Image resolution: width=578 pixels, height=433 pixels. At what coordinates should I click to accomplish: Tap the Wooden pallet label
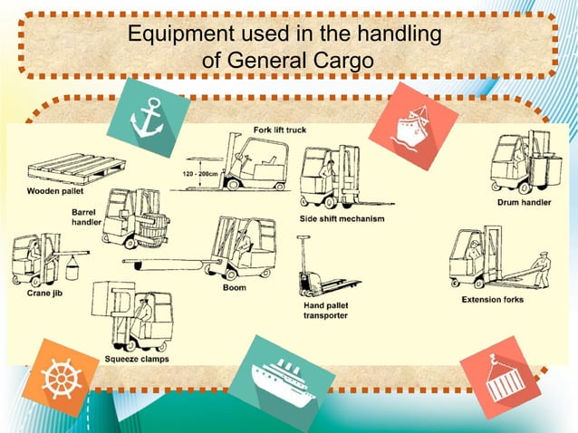point(52,191)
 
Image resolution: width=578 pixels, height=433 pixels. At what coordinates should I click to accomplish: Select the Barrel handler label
point(86,216)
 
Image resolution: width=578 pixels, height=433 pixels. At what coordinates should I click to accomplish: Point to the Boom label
point(234,288)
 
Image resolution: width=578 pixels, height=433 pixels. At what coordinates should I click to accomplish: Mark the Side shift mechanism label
point(342,219)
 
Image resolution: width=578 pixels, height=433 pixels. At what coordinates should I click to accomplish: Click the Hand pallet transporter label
point(325,311)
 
